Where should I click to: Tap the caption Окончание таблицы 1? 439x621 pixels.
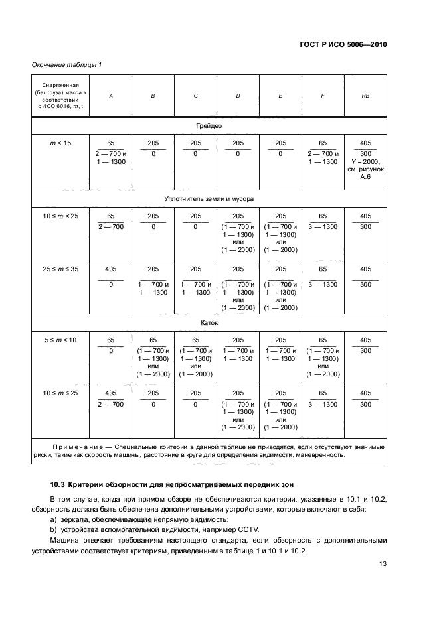pyautogui.click(x=66, y=64)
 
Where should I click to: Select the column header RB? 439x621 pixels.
pyautogui.click(x=365, y=96)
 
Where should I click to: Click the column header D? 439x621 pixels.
pyautogui.click(x=238, y=96)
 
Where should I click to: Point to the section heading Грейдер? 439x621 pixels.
pyautogui.click(x=209, y=125)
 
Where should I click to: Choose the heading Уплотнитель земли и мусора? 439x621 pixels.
pyautogui.click(x=209, y=198)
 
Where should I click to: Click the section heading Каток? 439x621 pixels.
pyautogui.click(x=209, y=323)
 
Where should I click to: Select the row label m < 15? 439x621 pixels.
pyautogui.click(x=60, y=143)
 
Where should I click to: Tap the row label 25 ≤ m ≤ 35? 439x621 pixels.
pyautogui.click(x=60, y=269)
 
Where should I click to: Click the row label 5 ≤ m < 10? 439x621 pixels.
pyautogui.click(x=60, y=340)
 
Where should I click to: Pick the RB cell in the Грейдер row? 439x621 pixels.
pyautogui.click(x=365, y=161)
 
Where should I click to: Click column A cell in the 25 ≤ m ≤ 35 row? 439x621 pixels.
pyautogui.click(x=110, y=276)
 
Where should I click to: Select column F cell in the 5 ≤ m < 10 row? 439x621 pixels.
pyautogui.click(x=323, y=357)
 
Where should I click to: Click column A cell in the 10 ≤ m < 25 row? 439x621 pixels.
pyautogui.click(x=110, y=222)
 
